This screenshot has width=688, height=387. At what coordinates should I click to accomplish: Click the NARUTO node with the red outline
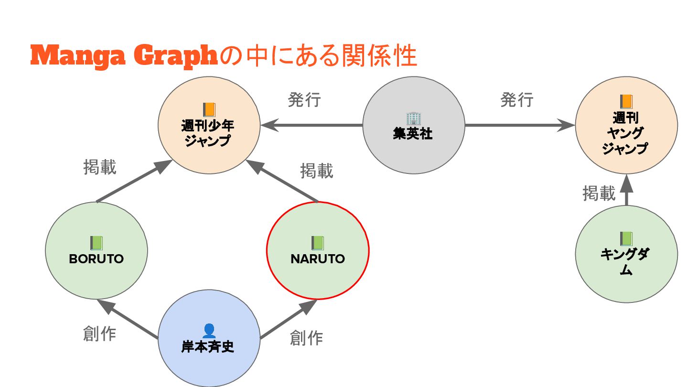317,251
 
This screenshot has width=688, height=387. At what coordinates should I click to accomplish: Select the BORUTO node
97,251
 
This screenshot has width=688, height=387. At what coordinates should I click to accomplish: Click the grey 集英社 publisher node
413,125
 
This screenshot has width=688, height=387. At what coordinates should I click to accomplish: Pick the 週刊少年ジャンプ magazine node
209,125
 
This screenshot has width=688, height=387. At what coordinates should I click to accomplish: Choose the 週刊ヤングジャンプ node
626,125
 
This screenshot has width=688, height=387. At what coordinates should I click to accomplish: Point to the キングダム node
626,254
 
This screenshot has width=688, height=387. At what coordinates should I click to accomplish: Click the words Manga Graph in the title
124,56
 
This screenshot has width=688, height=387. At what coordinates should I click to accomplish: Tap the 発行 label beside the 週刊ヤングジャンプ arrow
516,100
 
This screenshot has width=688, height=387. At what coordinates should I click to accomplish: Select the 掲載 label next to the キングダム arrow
599,193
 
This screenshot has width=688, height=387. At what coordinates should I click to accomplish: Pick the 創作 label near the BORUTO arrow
99,334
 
